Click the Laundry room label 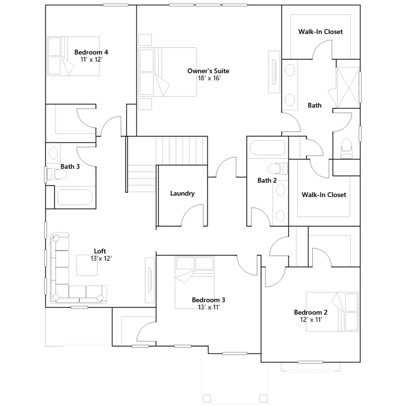tap(182, 194)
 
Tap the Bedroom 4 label tap(91, 52)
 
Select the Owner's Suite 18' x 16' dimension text tap(209, 78)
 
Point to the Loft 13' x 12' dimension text tap(101, 258)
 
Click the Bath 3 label tap(70, 167)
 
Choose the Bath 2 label tap(267, 180)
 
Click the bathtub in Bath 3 tap(75, 197)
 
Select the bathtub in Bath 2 tap(267, 147)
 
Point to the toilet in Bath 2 tap(278, 168)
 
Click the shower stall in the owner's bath tap(348, 87)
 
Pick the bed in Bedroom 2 tap(332, 312)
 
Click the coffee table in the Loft tap(87, 265)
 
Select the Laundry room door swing tap(192, 215)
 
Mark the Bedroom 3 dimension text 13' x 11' tap(209, 307)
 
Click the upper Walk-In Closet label tap(320, 32)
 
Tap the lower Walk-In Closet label tap(324, 195)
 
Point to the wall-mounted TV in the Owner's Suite tap(274, 72)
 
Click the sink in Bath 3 tap(53, 153)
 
